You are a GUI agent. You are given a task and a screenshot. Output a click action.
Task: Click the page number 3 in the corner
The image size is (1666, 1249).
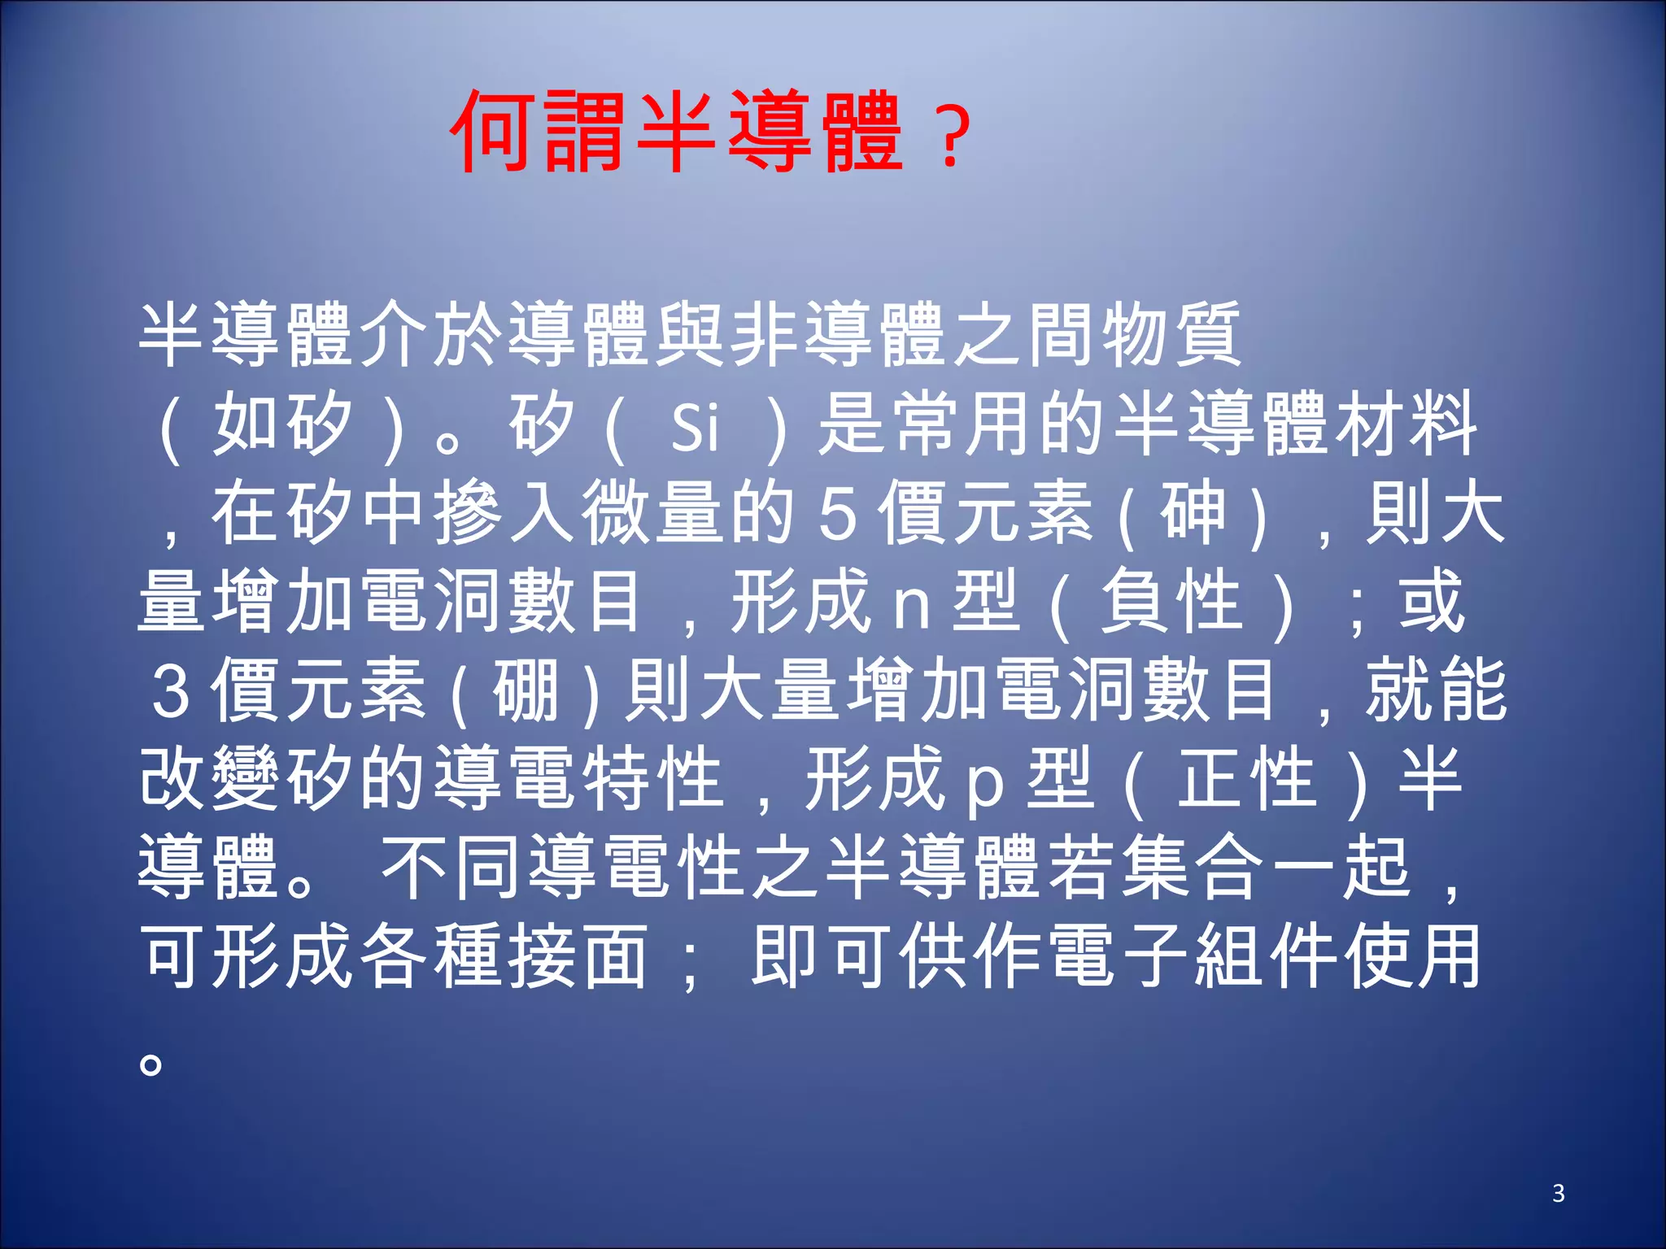tap(1558, 1194)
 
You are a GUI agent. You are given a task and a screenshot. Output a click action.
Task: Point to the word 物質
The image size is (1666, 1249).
tap(1171, 333)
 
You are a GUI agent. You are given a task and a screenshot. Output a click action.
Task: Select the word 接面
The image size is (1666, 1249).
tap(578, 956)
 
